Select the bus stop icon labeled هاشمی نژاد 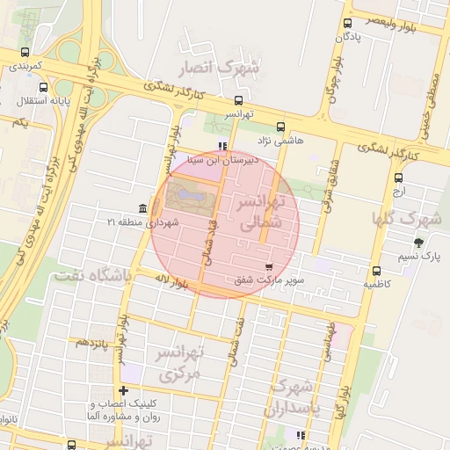280,127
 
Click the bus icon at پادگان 349,24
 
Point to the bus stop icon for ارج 398,178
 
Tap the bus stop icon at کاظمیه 377,271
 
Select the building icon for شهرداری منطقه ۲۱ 142,207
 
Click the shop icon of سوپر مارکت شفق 268,266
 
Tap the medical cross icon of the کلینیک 123,391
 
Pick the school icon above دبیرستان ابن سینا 223,147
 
